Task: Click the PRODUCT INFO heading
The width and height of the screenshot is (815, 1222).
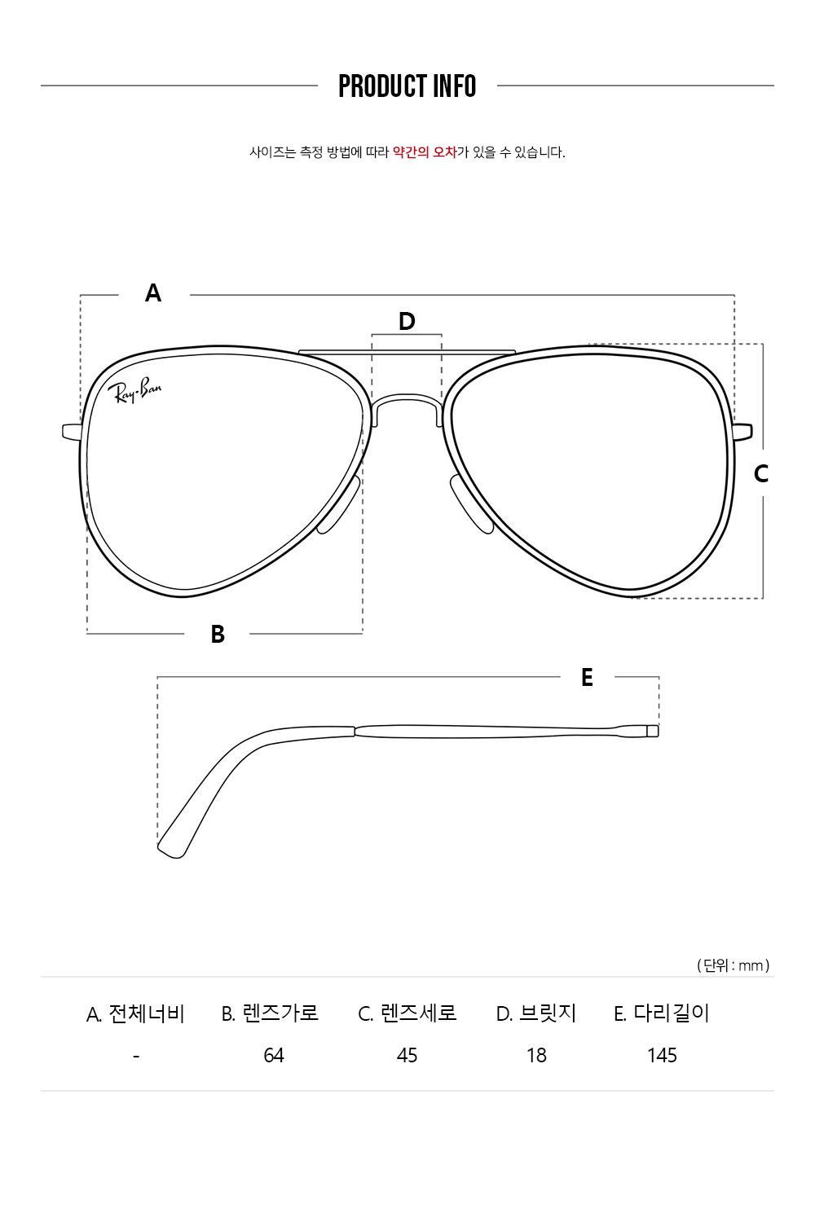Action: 407,86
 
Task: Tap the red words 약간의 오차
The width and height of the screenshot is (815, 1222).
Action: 425,152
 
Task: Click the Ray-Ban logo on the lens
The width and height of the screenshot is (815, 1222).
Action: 134,390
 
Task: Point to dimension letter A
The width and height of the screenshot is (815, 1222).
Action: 153,293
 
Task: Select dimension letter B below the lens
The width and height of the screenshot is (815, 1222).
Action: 218,634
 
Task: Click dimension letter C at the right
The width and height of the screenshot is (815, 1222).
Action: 761,473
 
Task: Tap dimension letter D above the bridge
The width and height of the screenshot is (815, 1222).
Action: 407,321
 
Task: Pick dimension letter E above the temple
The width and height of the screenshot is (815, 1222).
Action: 587,678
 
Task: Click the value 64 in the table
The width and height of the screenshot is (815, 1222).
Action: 274,1056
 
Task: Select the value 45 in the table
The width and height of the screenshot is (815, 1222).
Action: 407,1056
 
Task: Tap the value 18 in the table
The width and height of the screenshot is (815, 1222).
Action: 536,1056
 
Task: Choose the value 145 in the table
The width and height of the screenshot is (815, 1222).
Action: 662,1056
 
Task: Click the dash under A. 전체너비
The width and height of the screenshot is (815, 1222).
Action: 136,1057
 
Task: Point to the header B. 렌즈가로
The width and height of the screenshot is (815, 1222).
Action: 270,1013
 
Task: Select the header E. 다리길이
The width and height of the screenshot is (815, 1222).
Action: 662,1013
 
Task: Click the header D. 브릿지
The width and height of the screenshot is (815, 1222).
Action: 536,1013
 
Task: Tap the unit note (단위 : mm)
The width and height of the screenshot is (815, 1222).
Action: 733,965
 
